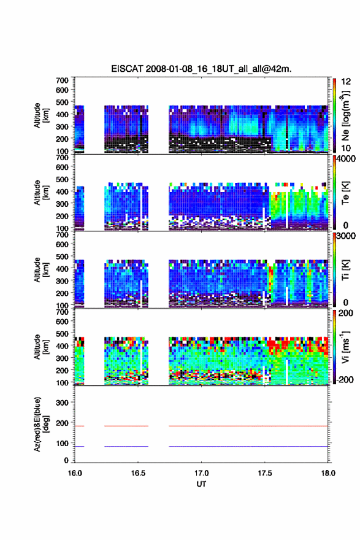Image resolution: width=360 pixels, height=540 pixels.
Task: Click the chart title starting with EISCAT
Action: point(201,69)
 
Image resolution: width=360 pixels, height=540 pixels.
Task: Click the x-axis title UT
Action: point(201,484)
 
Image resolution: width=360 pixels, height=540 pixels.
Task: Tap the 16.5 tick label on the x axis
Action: point(138,473)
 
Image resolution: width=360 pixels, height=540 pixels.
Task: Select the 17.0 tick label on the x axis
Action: point(201,473)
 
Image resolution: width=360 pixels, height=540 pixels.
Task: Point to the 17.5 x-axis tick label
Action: point(265,473)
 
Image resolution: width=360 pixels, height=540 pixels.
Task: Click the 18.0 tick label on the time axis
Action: point(328,473)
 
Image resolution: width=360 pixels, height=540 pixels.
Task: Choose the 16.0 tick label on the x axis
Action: point(75,473)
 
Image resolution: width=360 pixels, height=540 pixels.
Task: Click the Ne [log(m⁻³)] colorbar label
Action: point(345,116)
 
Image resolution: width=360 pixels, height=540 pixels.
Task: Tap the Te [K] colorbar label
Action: point(345,193)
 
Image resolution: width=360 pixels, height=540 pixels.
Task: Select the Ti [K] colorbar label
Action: point(345,269)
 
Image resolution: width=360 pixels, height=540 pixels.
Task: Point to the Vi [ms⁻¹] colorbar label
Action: point(345,347)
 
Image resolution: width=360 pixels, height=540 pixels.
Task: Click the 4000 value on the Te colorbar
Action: point(344,159)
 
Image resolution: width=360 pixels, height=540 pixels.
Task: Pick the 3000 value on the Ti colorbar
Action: point(344,236)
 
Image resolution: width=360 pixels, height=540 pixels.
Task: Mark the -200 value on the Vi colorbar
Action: point(343,379)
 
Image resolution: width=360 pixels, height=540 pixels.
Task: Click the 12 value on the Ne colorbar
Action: point(347,82)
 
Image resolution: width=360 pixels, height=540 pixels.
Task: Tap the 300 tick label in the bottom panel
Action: point(63,403)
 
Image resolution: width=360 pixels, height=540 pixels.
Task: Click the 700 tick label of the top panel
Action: point(63,80)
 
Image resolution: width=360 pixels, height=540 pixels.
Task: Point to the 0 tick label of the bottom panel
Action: point(66,460)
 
